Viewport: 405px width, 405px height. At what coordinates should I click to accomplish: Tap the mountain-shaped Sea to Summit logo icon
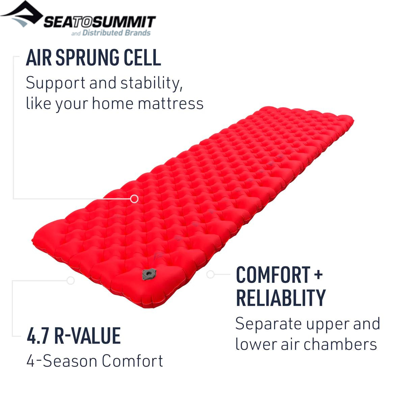click(22, 13)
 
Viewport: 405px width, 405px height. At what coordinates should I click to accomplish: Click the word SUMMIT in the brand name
click(124, 22)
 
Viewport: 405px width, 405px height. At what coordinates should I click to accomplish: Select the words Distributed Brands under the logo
click(116, 33)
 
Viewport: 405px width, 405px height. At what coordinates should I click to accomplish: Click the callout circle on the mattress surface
click(134, 198)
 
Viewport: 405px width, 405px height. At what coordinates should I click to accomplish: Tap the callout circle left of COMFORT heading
click(210, 274)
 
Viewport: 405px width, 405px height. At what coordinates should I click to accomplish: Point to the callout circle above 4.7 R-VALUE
click(71, 280)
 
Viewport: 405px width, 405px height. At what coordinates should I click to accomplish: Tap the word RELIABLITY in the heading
click(281, 298)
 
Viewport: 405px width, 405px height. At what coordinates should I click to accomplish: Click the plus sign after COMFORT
click(319, 274)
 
